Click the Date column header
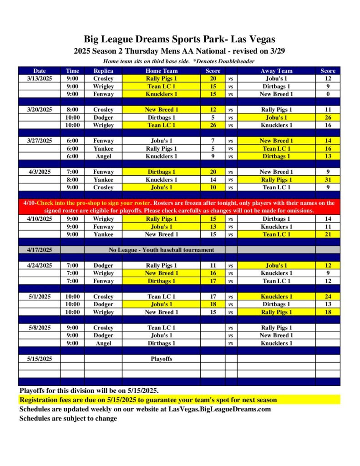click(40, 71)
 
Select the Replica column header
click(103, 71)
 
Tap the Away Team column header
click(276, 71)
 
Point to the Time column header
click(72, 71)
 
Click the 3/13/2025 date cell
click(40, 78)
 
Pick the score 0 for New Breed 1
click(328, 94)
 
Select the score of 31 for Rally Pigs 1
click(328, 180)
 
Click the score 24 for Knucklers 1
click(328, 297)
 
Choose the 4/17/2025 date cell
click(40, 250)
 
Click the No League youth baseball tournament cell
click(161, 250)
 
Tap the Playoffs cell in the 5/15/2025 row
click(161, 359)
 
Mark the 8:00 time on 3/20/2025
click(72, 110)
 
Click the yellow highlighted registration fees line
click(148, 400)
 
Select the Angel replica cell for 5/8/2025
click(103, 344)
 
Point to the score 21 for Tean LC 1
click(328, 234)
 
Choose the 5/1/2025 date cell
click(40, 297)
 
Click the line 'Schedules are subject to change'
click(68, 418)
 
